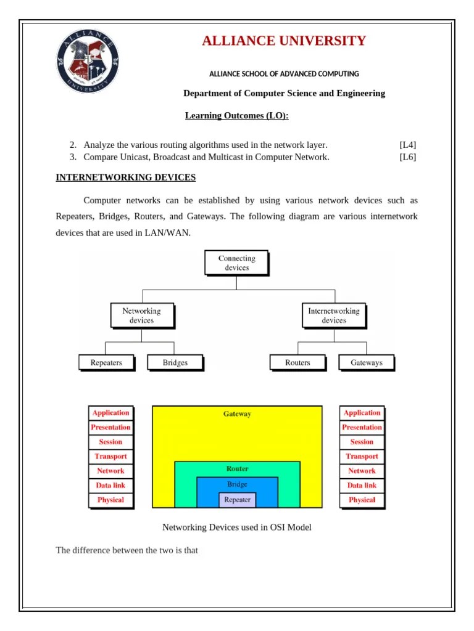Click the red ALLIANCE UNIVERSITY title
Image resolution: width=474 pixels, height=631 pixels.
[x=284, y=41]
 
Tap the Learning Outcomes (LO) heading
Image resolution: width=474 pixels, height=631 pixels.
[x=237, y=116]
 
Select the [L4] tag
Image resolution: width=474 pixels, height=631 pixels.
[x=407, y=145]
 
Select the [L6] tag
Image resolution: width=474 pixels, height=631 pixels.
[x=407, y=157]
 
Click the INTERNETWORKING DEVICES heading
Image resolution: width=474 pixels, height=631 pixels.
[x=126, y=177]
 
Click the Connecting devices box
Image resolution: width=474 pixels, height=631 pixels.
[x=237, y=263]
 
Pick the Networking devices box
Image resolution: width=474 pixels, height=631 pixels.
[x=141, y=315]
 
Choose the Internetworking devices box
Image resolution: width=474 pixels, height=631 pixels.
[x=333, y=315]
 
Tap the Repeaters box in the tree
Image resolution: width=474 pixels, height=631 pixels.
[x=106, y=362]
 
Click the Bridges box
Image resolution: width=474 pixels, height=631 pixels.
[x=175, y=362]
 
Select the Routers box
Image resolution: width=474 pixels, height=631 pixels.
[x=297, y=362]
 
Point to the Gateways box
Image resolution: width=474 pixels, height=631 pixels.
[x=366, y=362]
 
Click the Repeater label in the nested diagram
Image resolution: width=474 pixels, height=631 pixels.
[x=238, y=500]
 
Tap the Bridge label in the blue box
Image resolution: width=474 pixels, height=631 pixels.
[x=238, y=484]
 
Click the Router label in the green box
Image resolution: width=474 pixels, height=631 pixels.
[x=238, y=469]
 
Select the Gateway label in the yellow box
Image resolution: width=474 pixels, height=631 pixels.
[x=238, y=414]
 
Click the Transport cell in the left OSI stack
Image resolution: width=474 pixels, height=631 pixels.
[x=110, y=457]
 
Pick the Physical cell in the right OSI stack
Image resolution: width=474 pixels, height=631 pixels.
[x=362, y=500]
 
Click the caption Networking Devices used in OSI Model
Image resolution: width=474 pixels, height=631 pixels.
[x=237, y=527]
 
